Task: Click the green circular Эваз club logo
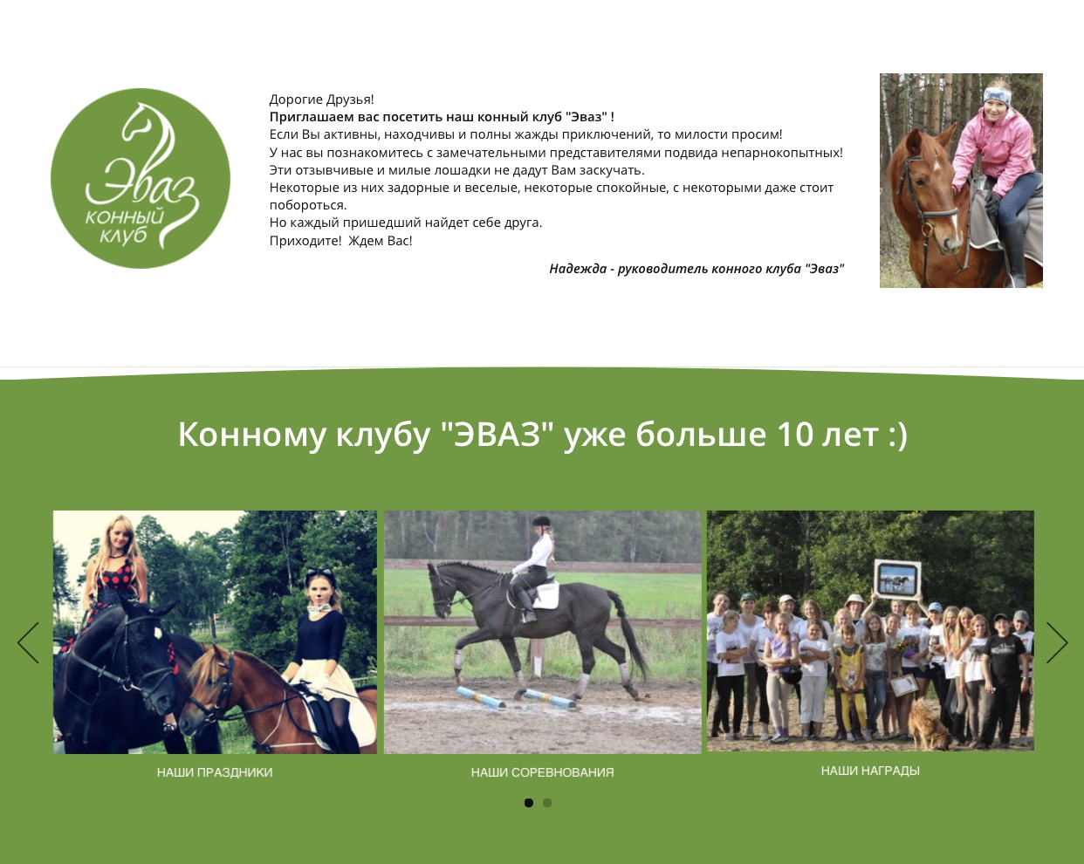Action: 141,178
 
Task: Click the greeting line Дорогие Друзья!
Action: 321,99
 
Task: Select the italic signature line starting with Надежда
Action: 696,269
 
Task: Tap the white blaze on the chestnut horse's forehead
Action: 936,165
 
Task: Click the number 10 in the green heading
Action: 795,434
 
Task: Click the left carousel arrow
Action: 28,642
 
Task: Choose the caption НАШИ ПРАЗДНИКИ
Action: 215,772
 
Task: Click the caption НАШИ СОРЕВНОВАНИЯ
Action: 543,772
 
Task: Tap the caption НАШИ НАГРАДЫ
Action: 870,771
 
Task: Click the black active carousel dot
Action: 528,803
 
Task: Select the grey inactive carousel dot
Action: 547,803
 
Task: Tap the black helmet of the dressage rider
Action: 540,521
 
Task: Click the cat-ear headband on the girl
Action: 319,574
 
